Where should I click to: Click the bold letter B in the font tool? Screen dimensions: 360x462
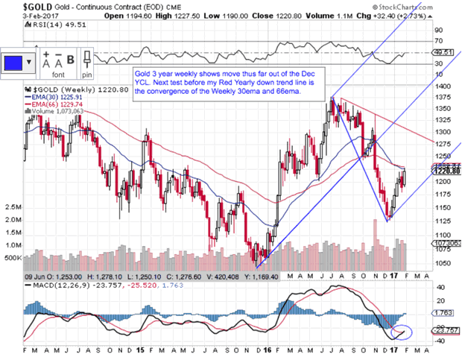(x=72, y=60)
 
